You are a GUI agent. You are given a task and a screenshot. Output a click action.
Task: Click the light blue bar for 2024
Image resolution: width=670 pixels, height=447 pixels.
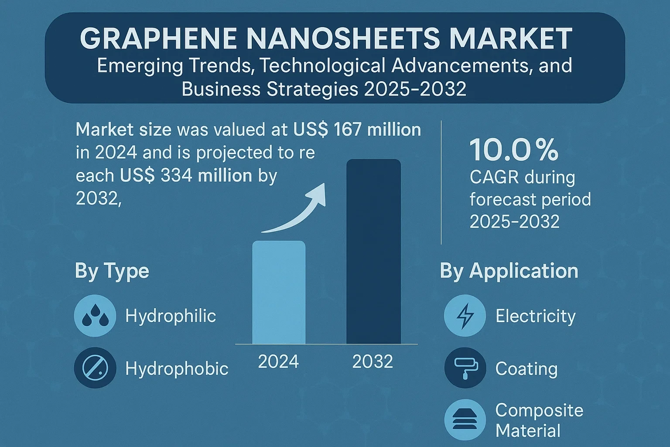coord(279,292)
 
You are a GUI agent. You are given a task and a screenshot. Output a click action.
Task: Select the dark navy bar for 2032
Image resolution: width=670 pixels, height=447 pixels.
coord(373,251)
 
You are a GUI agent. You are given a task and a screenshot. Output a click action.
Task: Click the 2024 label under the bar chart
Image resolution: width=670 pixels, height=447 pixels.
coord(278,361)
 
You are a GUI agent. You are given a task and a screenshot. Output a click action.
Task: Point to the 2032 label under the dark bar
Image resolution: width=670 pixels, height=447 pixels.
coord(373,361)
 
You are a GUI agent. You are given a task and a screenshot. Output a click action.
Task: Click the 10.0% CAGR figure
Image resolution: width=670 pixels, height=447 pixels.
coord(514,150)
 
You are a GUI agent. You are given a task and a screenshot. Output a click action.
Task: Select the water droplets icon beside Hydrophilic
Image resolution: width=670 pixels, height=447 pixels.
coord(95,316)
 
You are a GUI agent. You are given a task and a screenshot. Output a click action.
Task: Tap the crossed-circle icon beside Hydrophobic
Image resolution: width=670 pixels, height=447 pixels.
coord(95,368)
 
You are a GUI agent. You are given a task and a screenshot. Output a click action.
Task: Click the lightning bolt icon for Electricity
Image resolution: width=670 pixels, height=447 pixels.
coord(465,316)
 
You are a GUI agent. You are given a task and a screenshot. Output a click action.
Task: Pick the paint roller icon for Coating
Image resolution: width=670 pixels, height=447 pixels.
coord(465,368)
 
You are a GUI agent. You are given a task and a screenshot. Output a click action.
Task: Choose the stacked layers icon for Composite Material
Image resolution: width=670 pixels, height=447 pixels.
coord(465,420)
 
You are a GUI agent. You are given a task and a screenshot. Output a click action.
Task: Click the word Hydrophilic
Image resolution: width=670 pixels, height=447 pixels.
coord(171,316)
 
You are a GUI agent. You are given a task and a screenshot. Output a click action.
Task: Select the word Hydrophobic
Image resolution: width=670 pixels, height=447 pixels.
coord(177,369)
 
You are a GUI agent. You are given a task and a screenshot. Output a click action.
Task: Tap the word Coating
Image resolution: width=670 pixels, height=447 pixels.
coord(526,369)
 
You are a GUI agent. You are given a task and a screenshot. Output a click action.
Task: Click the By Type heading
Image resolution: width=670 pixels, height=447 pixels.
coord(112,271)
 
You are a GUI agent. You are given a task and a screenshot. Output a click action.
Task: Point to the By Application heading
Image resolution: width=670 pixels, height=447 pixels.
coord(509,271)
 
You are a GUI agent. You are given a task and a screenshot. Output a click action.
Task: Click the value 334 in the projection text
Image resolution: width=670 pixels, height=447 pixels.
coord(177,175)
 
